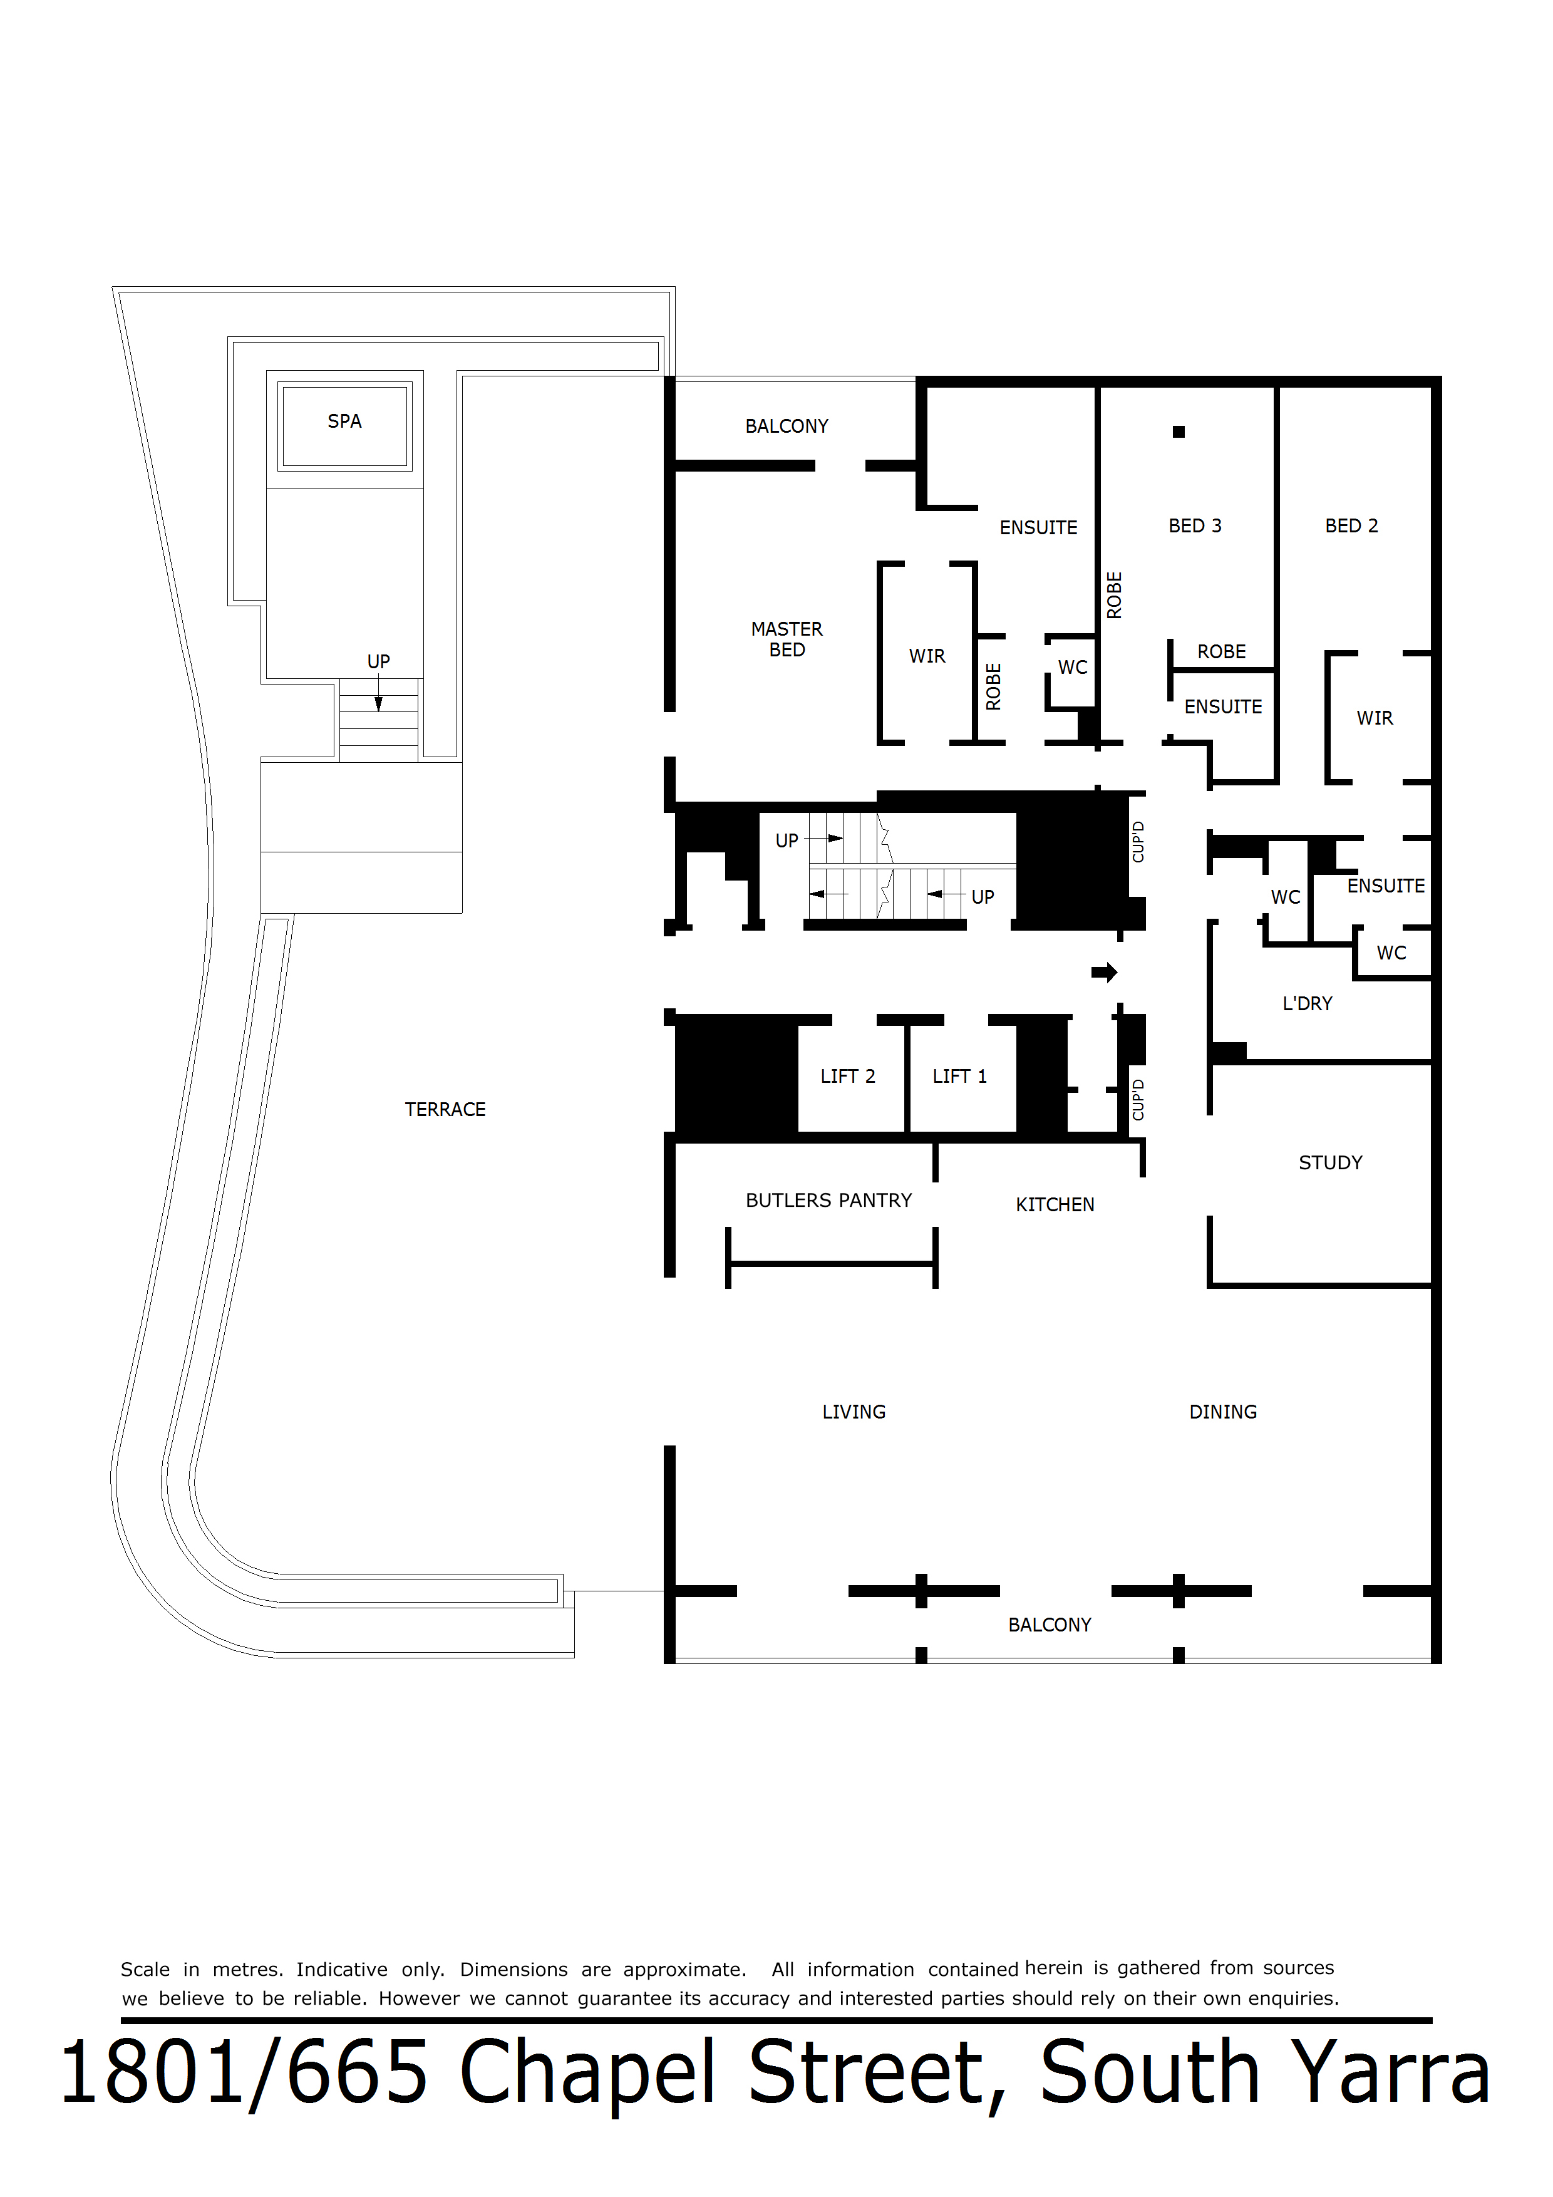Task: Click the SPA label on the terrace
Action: tap(344, 421)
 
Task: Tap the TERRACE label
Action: tap(445, 1109)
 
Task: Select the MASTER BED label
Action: tap(787, 639)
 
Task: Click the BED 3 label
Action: tap(1195, 525)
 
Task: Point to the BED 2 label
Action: tap(1351, 525)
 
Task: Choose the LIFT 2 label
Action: tap(848, 1077)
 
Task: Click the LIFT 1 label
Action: tap(960, 1077)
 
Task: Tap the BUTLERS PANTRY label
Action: tap(828, 1200)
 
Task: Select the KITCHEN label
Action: tap(1055, 1205)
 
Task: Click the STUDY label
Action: tap(1330, 1162)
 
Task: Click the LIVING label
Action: tap(854, 1412)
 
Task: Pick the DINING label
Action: tap(1223, 1412)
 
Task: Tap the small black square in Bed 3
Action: tap(1179, 432)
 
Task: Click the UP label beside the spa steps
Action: tap(378, 661)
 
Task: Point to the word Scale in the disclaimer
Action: tap(145, 1969)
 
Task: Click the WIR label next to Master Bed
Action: tap(927, 656)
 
